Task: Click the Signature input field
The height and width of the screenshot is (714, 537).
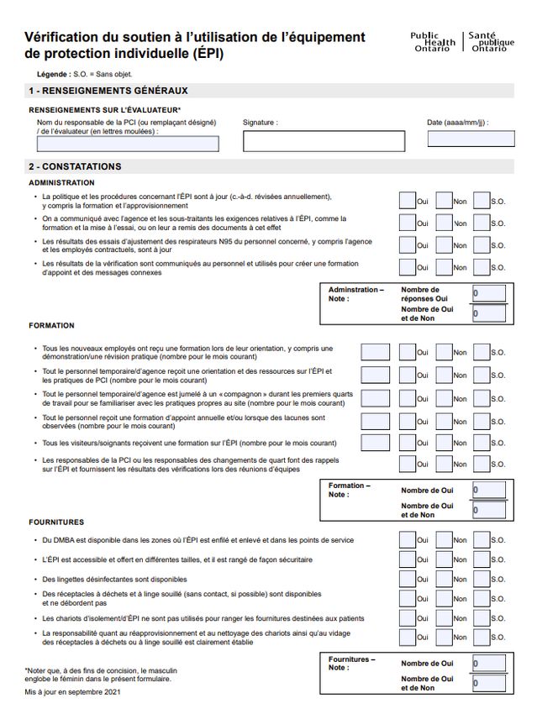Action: point(324,141)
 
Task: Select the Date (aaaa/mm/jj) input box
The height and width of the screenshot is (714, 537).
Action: point(470,139)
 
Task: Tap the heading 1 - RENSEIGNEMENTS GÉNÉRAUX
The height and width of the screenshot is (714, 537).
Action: point(108,91)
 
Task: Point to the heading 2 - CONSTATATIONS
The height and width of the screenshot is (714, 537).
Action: point(75,166)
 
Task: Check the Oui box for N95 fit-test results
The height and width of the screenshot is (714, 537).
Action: point(407,244)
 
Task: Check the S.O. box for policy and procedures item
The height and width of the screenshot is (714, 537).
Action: point(482,201)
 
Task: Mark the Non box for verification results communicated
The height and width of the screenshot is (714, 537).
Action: point(444,267)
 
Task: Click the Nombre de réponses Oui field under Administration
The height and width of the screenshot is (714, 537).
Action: point(488,293)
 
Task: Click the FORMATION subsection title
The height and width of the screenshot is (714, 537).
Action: point(51,325)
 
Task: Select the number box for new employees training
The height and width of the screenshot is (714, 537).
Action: point(375,352)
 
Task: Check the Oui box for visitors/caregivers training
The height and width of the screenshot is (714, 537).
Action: point(407,442)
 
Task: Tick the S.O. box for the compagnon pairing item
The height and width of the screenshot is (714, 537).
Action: point(482,398)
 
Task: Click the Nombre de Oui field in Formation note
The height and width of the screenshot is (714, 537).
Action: point(488,490)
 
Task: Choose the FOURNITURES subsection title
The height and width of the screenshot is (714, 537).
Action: point(56,522)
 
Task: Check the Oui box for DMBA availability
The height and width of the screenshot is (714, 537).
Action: point(407,539)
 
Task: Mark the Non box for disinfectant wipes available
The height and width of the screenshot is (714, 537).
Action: point(444,579)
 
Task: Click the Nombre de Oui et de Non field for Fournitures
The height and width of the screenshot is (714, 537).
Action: point(488,683)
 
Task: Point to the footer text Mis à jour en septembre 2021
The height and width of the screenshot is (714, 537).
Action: point(73,691)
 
